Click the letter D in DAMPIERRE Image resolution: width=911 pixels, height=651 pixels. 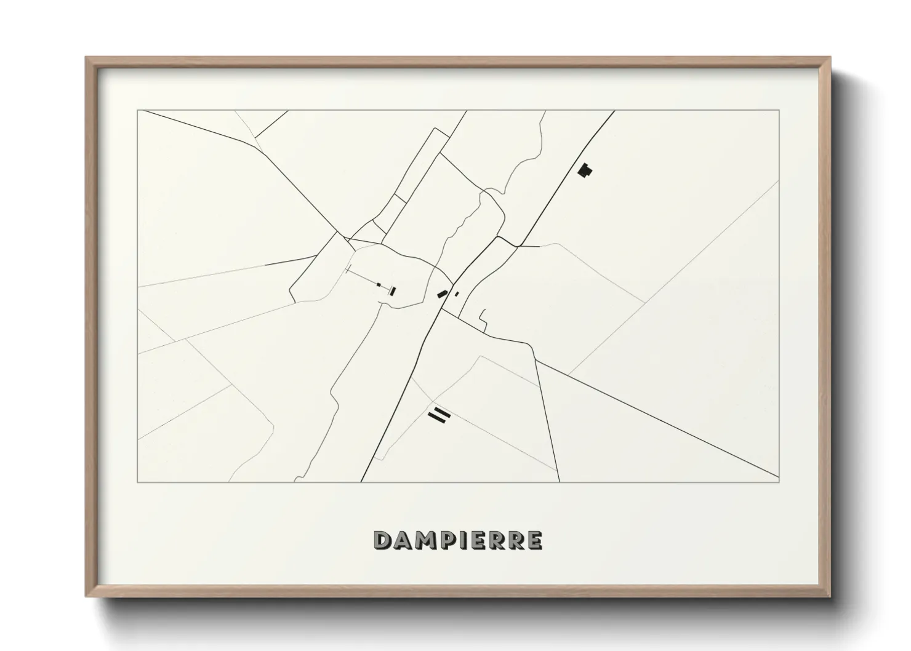coord(383,540)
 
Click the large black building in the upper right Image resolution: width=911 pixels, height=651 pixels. coord(585,170)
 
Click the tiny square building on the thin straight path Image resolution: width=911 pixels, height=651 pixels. coord(380,285)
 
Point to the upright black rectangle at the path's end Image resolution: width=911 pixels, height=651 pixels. coord(391,291)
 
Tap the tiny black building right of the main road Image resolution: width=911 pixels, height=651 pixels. coord(456,294)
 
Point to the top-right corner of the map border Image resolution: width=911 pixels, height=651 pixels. coord(779,110)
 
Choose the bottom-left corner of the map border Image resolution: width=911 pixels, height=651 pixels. coord(137,482)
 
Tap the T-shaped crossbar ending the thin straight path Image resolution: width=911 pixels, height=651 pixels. coord(348,270)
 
